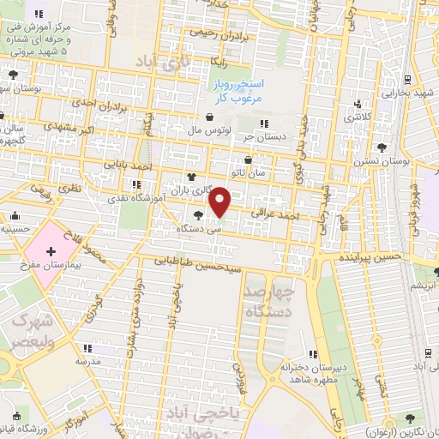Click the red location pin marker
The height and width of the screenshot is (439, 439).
(x=220, y=202)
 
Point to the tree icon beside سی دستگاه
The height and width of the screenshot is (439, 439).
(x=200, y=215)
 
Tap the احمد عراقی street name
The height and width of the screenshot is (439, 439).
(x=275, y=216)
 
